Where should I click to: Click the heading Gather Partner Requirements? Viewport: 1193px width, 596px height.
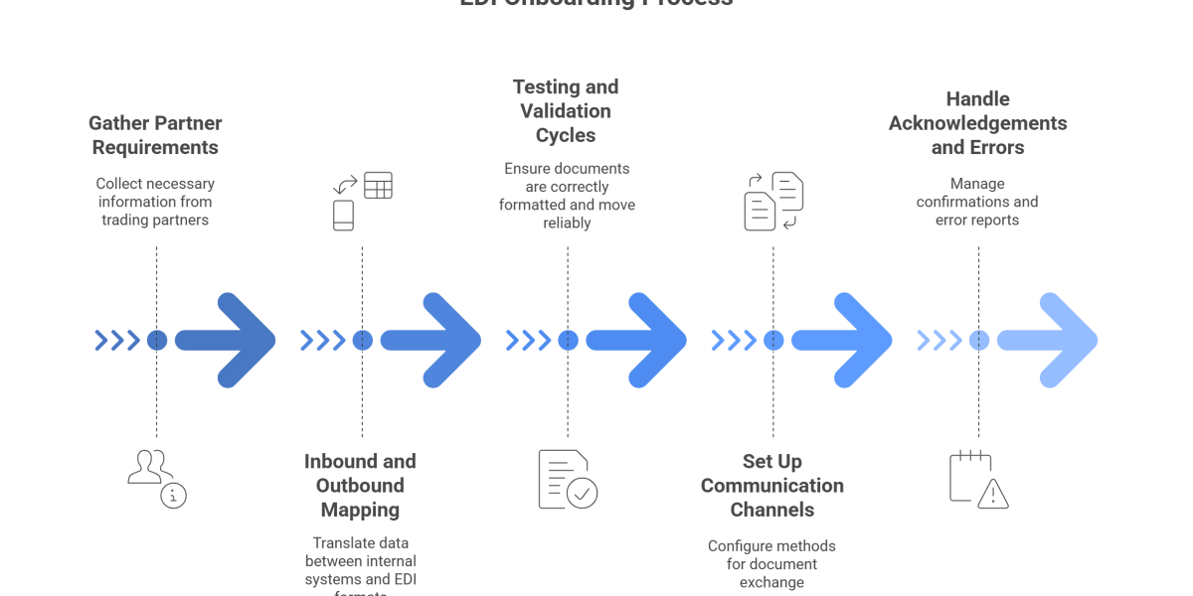point(155,136)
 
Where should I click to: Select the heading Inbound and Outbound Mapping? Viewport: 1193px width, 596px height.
point(360,486)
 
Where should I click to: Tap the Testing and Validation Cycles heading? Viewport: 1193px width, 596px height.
point(565,111)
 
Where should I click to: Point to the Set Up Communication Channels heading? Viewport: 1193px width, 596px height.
point(772,486)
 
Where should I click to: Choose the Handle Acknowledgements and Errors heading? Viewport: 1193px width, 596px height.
point(977,123)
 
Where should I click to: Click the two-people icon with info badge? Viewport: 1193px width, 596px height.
point(157,479)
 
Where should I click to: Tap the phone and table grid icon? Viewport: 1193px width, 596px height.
point(362,200)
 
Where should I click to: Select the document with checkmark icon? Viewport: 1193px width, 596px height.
point(568,479)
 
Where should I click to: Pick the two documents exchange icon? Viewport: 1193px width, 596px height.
point(773,200)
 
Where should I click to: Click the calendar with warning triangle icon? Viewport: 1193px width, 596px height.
point(978,479)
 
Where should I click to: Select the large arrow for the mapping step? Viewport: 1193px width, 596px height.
point(431,341)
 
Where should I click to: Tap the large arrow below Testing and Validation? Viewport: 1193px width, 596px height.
point(637,341)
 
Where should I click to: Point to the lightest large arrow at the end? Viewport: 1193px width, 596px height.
point(1048,341)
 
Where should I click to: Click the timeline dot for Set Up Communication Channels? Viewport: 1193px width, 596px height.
point(773,341)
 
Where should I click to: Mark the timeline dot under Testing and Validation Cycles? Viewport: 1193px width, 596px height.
point(568,341)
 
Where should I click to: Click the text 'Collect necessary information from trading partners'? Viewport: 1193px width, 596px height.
point(155,202)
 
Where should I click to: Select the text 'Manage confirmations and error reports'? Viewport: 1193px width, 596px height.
point(977,202)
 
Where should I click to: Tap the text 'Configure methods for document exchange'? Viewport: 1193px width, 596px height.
point(772,563)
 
